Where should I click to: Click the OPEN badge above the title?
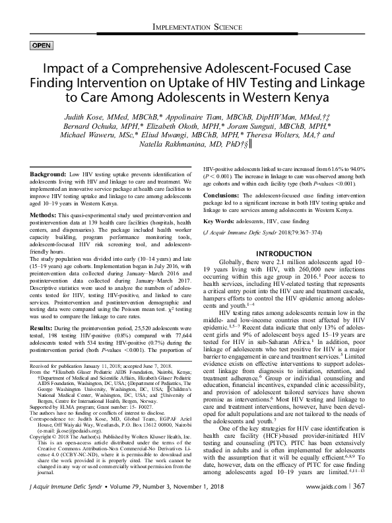(x=42, y=45)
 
